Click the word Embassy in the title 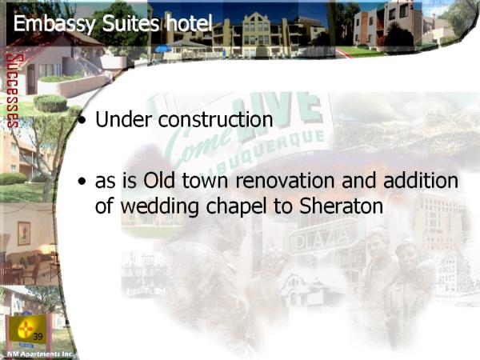tap(54, 24)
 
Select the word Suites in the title tap(130, 23)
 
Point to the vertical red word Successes tap(13, 91)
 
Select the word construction tap(215, 119)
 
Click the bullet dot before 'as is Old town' tap(82, 182)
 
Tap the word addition tap(421, 180)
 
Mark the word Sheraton tap(342, 206)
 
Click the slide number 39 tap(38, 337)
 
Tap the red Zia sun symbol tap(26, 329)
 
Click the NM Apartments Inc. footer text tap(41, 354)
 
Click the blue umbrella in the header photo tap(163, 49)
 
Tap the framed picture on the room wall tap(24, 234)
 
